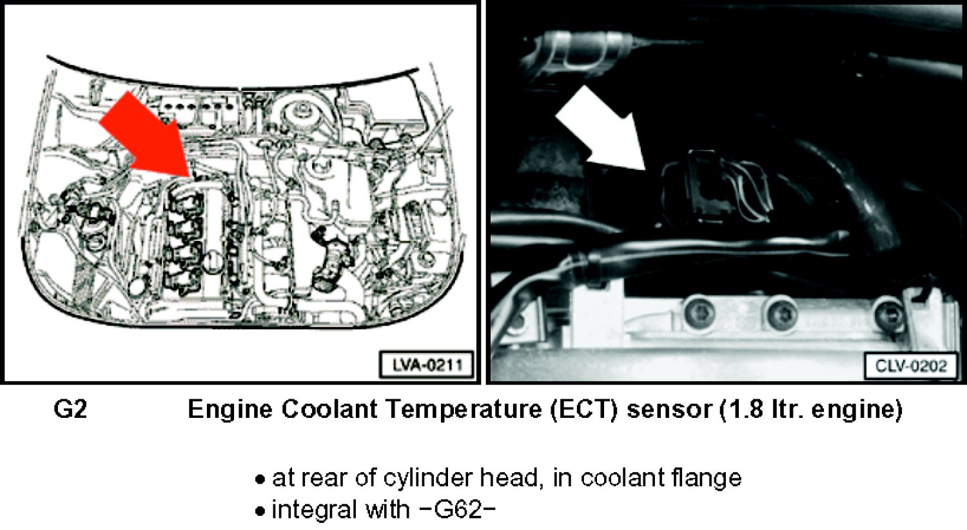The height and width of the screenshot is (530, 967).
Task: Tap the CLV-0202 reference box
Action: coord(911,366)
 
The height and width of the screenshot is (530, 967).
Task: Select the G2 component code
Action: coord(70,409)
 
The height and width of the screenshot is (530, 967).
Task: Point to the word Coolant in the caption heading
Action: coord(330,409)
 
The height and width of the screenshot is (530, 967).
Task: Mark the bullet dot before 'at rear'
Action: coord(260,480)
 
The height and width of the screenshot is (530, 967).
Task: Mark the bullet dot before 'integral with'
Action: coord(260,512)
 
